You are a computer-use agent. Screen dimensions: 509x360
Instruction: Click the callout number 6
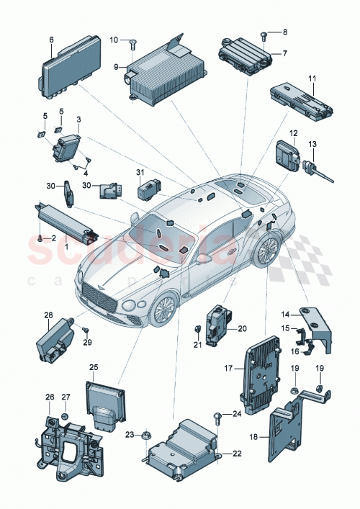51,40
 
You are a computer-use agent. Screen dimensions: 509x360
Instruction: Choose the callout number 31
141,171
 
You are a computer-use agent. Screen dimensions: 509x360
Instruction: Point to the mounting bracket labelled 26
66,446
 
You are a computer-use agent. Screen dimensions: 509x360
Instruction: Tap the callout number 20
242,328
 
